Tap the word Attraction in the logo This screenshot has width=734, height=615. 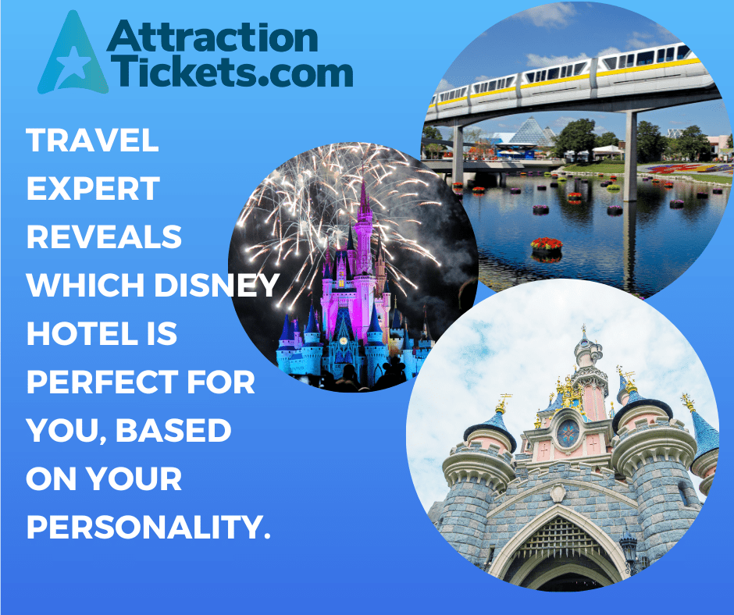pyautogui.click(x=212, y=37)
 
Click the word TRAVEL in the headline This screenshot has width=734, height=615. pyautogui.click(x=93, y=140)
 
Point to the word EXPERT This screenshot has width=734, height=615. pyautogui.click(x=93, y=188)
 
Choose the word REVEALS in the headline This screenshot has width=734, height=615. pyautogui.click(x=104, y=236)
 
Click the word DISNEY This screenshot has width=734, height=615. pyautogui.click(x=217, y=285)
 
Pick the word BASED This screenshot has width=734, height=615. pyautogui.click(x=173, y=430)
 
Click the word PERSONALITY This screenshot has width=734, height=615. pyautogui.click(x=148, y=527)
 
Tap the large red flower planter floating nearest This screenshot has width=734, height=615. pyautogui.click(x=547, y=244)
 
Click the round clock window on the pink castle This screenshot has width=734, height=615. pyautogui.click(x=568, y=433)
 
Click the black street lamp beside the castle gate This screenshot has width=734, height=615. pyautogui.click(x=629, y=553)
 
